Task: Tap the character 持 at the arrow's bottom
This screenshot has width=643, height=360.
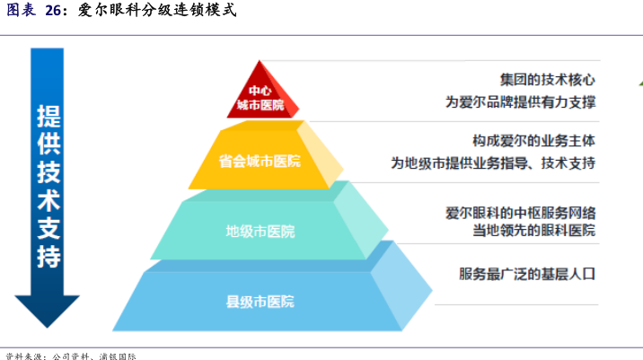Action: [48, 257]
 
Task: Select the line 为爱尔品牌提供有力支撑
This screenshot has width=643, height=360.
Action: [521, 101]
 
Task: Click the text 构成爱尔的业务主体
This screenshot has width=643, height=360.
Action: [533, 142]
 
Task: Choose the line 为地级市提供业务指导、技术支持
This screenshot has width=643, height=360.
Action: [493, 163]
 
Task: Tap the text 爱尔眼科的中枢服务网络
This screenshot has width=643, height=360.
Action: [521, 212]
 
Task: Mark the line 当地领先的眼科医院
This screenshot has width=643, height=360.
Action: [533, 231]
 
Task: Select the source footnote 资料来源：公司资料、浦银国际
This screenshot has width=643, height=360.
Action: [72, 355]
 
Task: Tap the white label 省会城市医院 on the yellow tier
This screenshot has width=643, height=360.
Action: [260, 162]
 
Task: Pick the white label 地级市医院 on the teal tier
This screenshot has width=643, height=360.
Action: [260, 231]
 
